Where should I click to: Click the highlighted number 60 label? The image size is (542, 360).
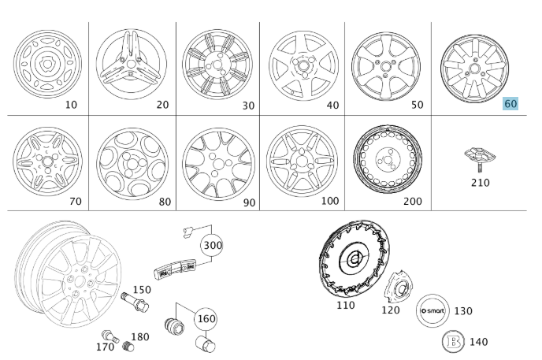pyautogui.click(x=511, y=103)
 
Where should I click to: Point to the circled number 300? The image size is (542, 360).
pyautogui.click(x=212, y=245)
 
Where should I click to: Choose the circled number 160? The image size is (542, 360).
pyautogui.click(x=206, y=319)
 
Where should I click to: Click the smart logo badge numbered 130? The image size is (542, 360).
pyautogui.click(x=432, y=310)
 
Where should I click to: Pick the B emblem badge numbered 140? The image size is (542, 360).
pyautogui.click(x=455, y=341)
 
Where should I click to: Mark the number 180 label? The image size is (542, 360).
pyautogui.click(x=139, y=337)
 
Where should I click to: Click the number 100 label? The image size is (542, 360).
pyautogui.click(x=330, y=202)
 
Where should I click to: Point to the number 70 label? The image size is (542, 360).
pyautogui.click(x=75, y=202)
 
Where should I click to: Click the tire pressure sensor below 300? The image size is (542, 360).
pyautogui.click(x=174, y=269)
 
